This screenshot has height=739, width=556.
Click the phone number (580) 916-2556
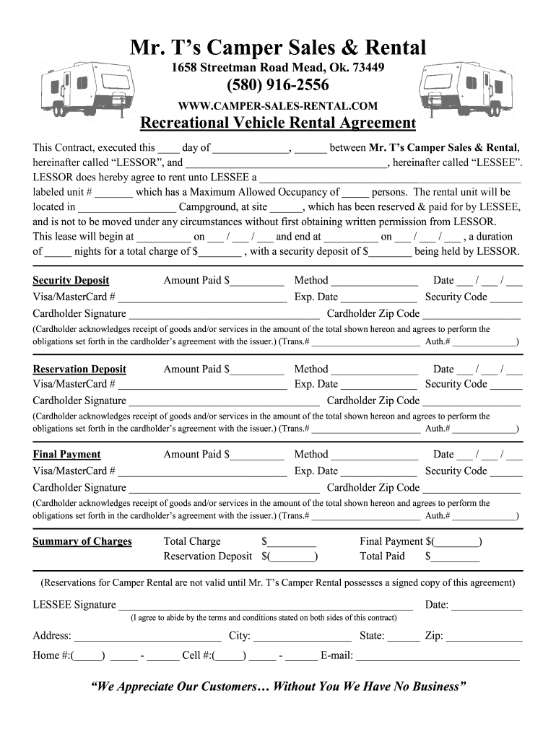point(278,87)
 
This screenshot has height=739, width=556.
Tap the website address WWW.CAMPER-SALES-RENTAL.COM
point(278,106)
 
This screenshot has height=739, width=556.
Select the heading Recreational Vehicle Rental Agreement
point(278,123)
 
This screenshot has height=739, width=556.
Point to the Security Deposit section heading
point(71,280)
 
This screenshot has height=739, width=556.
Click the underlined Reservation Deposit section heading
point(79,369)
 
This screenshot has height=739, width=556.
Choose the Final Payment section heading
point(67,454)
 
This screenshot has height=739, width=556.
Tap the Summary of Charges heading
point(82,541)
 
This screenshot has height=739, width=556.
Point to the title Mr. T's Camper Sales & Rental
point(278,48)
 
